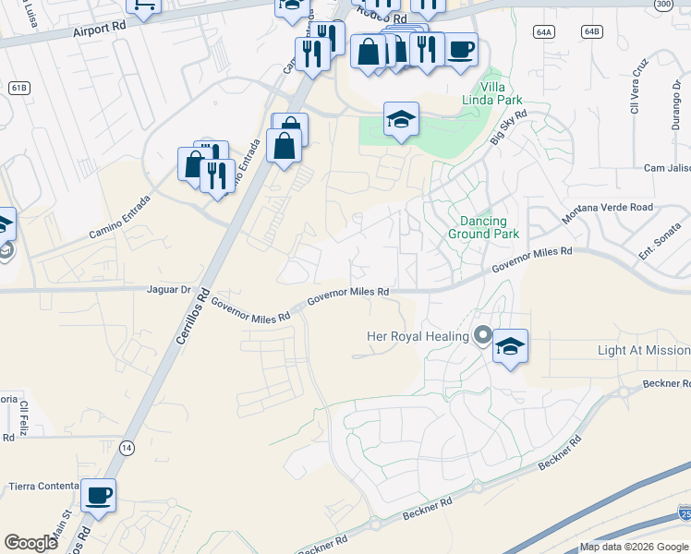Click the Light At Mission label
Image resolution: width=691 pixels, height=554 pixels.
pyautogui.click(x=643, y=351)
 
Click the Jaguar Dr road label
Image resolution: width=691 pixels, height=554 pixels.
pyautogui.click(x=168, y=289)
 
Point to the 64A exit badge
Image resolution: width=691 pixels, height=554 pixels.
pyautogui.click(x=543, y=31)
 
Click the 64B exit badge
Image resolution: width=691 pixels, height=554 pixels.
pyautogui.click(x=591, y=31)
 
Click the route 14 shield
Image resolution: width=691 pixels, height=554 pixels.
pyautogui.click(x=126, y=447)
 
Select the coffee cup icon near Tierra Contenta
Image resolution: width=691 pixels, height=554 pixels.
pyautogui.click(x=98, y=495)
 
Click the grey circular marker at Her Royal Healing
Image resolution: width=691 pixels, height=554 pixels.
pyautogui.click(x=481, y=335)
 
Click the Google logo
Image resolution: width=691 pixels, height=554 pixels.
pyautogui.click(x=30, y=543)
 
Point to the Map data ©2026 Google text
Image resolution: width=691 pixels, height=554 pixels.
pyautogui.click(x=635, y=547)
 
